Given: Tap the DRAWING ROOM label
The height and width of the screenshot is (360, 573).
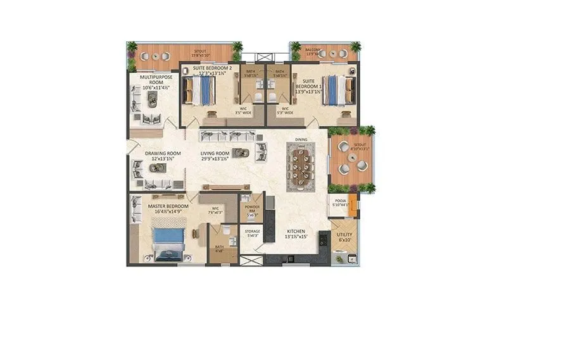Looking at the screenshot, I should click(x=163, y=153).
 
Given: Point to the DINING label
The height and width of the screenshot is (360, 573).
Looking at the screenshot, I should click(x=301, y=140).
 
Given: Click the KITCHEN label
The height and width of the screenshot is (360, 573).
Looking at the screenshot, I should click(x=296, y=232).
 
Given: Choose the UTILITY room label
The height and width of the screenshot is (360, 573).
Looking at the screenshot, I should click(x=344, y=235).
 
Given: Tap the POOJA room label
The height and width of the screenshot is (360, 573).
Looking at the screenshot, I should click(x=339, y=201).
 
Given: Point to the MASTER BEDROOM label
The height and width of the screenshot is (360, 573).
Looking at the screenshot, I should click(x=168, y=206).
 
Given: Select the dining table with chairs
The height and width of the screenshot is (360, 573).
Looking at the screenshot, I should click(x=300, y=166).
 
